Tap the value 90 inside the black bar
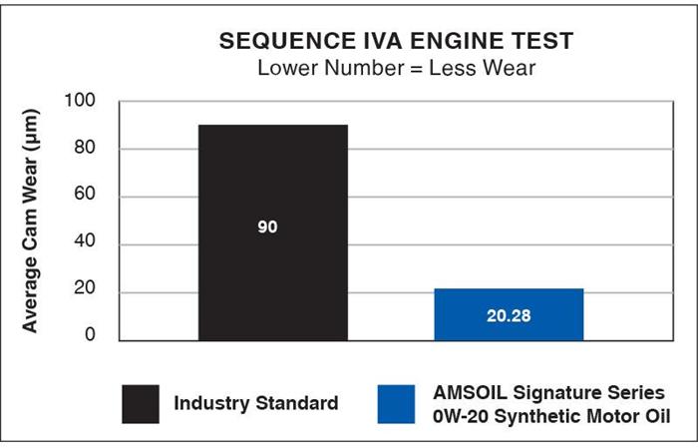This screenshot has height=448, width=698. [x=267, y=227]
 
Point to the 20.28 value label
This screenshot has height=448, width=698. [x=509, y=316]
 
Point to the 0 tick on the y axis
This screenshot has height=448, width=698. [x=90, y=335]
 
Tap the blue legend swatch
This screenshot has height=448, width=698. [x=398, y=403]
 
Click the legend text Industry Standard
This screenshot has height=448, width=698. [x=255, y=404]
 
